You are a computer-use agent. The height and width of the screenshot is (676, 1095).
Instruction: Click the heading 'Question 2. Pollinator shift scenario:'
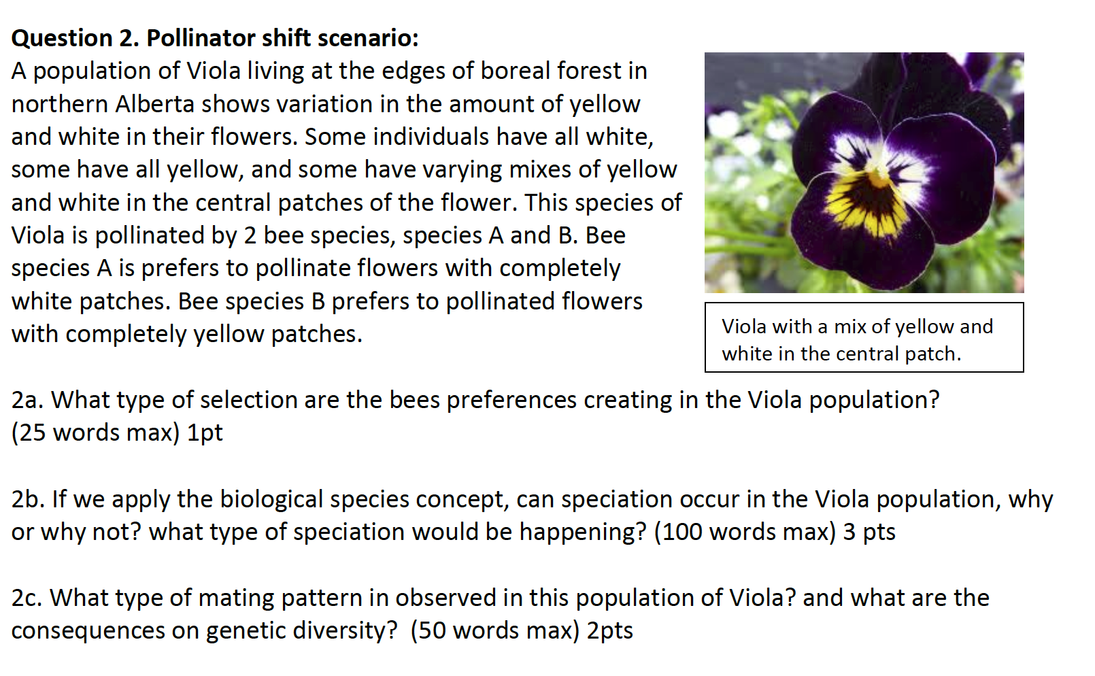coord(215,38)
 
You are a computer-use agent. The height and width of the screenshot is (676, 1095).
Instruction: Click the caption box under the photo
coord(864,338)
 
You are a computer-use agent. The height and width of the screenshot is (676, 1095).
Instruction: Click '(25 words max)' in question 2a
coord(95,433)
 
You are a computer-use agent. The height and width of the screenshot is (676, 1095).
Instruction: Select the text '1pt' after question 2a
coord(205,433)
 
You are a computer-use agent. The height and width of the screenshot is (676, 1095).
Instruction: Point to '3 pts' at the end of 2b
coord(869,532)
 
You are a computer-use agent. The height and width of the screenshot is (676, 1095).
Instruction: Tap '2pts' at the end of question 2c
coord(610,631)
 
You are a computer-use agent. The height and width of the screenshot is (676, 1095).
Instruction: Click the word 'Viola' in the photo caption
coord(744,327)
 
